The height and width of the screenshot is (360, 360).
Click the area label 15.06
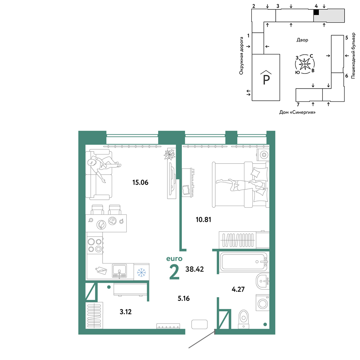(140, 183)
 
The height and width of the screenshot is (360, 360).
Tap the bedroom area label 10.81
(203, 220)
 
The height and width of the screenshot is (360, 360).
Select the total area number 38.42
(194, 269)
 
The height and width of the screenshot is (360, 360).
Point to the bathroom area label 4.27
(238, 289)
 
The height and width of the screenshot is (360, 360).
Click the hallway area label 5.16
(184, 298)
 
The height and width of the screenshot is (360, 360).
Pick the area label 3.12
(126, 312)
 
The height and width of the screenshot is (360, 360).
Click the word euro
(174, 259)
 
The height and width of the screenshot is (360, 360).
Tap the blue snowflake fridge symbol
(141, 273)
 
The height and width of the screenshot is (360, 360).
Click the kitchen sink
(119, 271)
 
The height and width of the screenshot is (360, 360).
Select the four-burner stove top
(95, 246)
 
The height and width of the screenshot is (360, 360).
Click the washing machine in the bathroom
(262, 303)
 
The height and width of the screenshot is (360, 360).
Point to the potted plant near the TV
(170, 154)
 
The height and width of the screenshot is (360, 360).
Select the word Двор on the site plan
(302, 40)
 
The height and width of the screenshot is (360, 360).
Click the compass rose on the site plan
(305, 64)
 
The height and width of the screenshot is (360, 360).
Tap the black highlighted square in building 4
(316, 12)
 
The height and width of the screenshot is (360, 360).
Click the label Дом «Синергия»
(297, 112)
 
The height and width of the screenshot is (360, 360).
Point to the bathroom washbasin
(262, 281)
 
